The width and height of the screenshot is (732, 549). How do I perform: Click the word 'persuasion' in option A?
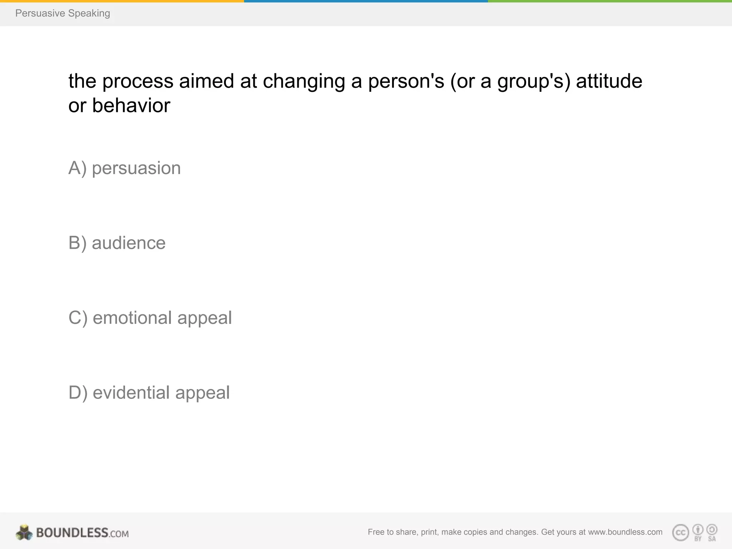click(136, 168)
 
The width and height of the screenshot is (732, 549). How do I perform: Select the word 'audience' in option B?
click(129, 243)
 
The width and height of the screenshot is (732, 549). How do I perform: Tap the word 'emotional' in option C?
click(132, 318)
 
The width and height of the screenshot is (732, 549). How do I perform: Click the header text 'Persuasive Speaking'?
click(63, 13)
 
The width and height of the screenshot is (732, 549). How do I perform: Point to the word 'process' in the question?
click(138, 81)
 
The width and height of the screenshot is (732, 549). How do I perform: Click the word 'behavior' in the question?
click(131, 105)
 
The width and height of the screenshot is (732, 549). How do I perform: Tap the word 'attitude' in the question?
click(609, 81)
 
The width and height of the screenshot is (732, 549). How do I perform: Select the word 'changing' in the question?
click(304, 81)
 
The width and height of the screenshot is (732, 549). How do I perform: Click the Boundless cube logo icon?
click(24, 532)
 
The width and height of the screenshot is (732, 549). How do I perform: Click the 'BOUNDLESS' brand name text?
click(72, 533)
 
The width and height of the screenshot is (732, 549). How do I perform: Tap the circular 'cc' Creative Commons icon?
click(681, 533)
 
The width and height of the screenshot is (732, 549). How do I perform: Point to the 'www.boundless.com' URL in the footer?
click(625, 532)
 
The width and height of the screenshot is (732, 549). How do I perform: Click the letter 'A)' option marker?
click(77, 168)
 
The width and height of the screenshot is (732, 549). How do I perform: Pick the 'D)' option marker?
click(78, 392)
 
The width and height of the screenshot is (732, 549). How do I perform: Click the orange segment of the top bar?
click(122, 1)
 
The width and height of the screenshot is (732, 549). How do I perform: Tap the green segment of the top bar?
click(610, 1)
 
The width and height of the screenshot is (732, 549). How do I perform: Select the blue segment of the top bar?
click(366, 1)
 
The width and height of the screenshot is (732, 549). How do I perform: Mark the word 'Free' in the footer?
click(376, 532)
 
